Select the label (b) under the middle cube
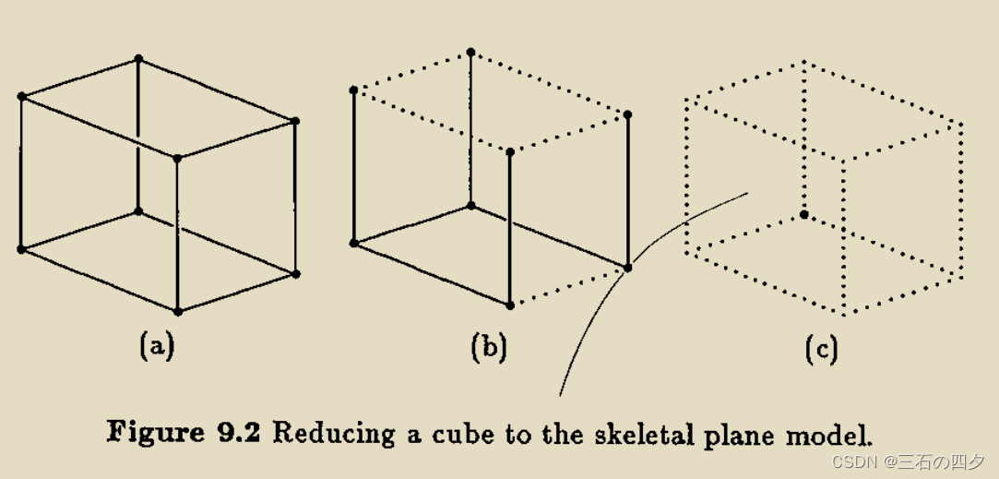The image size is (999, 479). tap(489, 347)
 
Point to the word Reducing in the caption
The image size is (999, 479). tap(318, 432)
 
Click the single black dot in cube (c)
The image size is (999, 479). tap(804, 214)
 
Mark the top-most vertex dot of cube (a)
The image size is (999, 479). tap(138, 59)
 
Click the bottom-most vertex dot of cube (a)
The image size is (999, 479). tap(177, 312)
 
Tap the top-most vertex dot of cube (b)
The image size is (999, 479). tap(470, 53)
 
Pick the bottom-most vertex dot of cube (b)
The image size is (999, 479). tap(509, 305)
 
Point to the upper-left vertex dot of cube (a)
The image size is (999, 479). tap(20, 96)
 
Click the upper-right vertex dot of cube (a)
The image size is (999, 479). tap(295, 121)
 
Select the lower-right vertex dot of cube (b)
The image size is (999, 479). tap(628, 268)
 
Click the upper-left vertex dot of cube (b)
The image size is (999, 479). tap(353, 90)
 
